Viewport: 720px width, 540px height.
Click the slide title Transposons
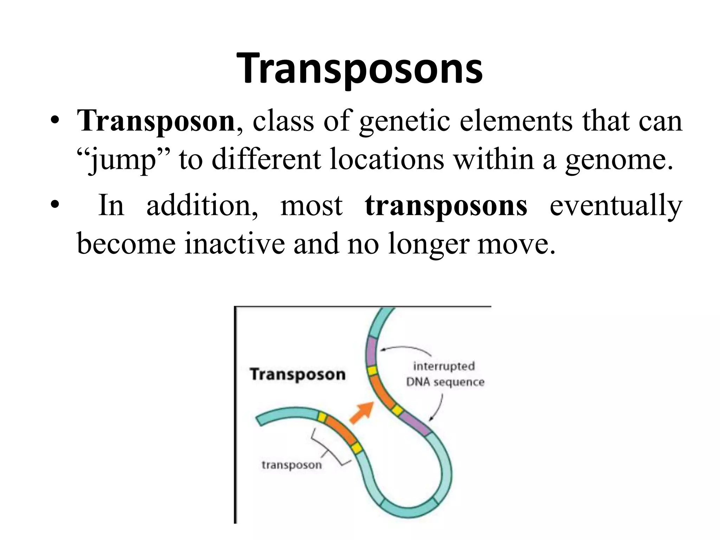360,69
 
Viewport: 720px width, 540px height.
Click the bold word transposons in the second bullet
446,205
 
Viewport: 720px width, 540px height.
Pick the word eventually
615,206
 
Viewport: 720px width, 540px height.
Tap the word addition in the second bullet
202,205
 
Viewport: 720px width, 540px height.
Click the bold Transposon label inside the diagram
297,374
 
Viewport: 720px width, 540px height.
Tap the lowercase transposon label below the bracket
291,465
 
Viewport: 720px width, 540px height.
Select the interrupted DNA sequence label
445,374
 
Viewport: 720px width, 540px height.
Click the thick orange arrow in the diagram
362,413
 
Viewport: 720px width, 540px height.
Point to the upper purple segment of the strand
371,352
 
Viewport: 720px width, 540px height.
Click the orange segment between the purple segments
383,392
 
